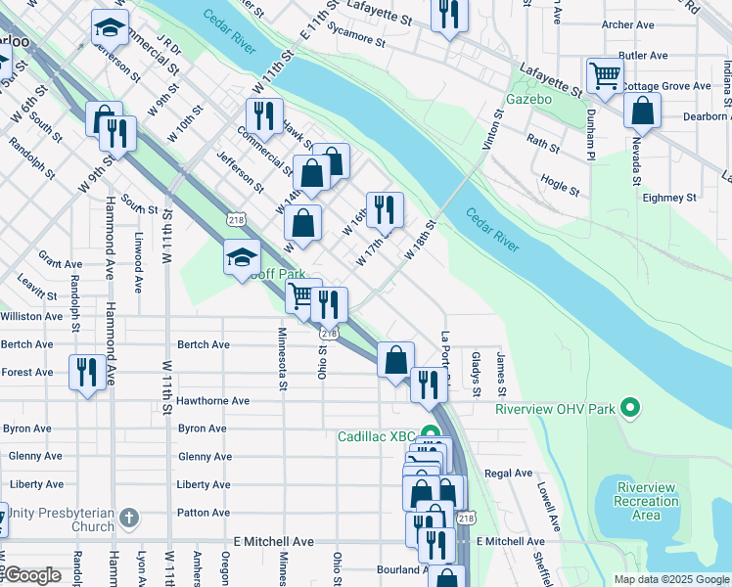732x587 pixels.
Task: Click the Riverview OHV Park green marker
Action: tap(631, 407)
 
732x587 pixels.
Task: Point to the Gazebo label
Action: tap(529, 100)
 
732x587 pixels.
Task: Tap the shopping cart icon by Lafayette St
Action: tap(605, 74)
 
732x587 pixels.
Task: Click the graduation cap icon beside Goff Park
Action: tap(241, 258)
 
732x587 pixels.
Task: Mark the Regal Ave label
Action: tap(508, 473)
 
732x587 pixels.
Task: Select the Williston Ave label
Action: tap(31, 316)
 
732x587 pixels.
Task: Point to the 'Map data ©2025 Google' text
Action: tap(670, 579)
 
